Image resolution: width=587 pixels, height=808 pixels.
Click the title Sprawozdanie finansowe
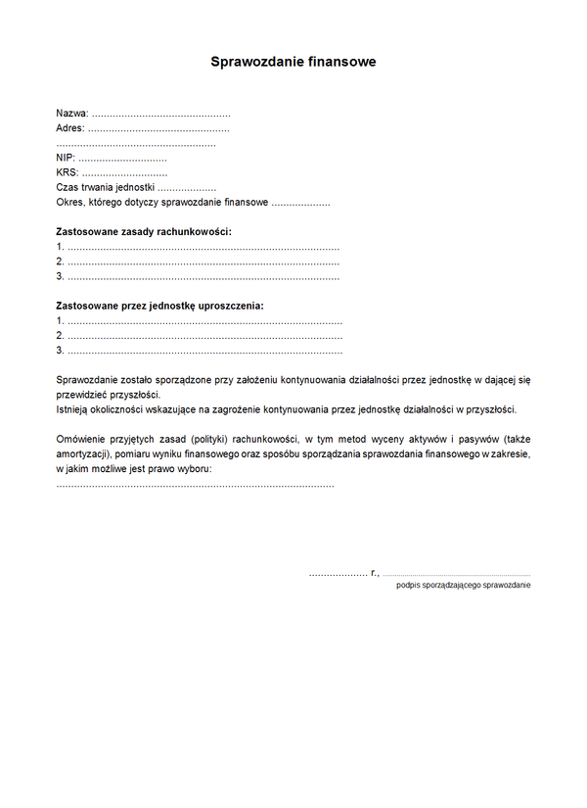tap(293, 62)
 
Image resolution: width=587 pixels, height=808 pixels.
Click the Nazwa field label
tap(71, 114)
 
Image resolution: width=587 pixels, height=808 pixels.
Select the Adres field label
tap(70, 128)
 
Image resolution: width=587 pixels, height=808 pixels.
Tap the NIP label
tap(65, 158)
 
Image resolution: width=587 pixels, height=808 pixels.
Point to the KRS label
tap(67, 172)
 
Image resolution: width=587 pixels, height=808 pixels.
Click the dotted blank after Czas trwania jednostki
tap(187, 188)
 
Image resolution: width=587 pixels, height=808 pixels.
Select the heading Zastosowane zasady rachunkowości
tap(144, 232)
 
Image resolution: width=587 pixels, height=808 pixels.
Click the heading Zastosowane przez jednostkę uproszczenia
tap(159, 306)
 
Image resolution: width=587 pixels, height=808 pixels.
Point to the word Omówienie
tap(83, 439)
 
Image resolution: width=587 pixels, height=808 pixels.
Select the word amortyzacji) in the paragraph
tap(83, 454)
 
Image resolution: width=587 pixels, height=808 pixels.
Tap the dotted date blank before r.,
tap(338, 574)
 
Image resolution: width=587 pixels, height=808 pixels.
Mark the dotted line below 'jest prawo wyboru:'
tap(196, 485)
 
